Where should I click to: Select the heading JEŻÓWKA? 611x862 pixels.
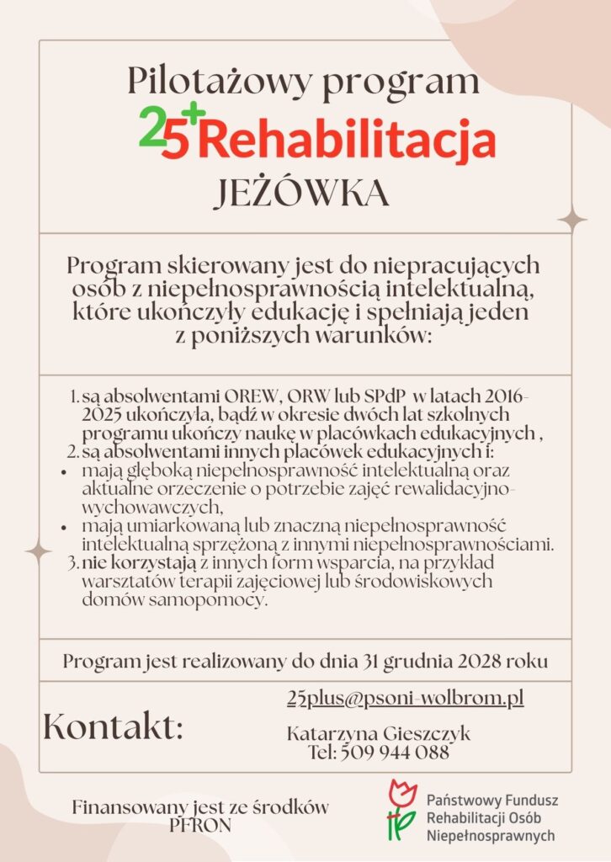tap(300, 194)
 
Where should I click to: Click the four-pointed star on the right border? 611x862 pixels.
tap(573, 221)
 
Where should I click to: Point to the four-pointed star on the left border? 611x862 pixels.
tap(39, 551)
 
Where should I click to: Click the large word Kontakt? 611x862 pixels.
tap(113, 726)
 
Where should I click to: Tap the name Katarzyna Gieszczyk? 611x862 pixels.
tap(379, 734)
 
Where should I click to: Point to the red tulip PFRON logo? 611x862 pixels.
tap(401, 810)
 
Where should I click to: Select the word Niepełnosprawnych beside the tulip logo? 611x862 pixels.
tap(491, 836)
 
